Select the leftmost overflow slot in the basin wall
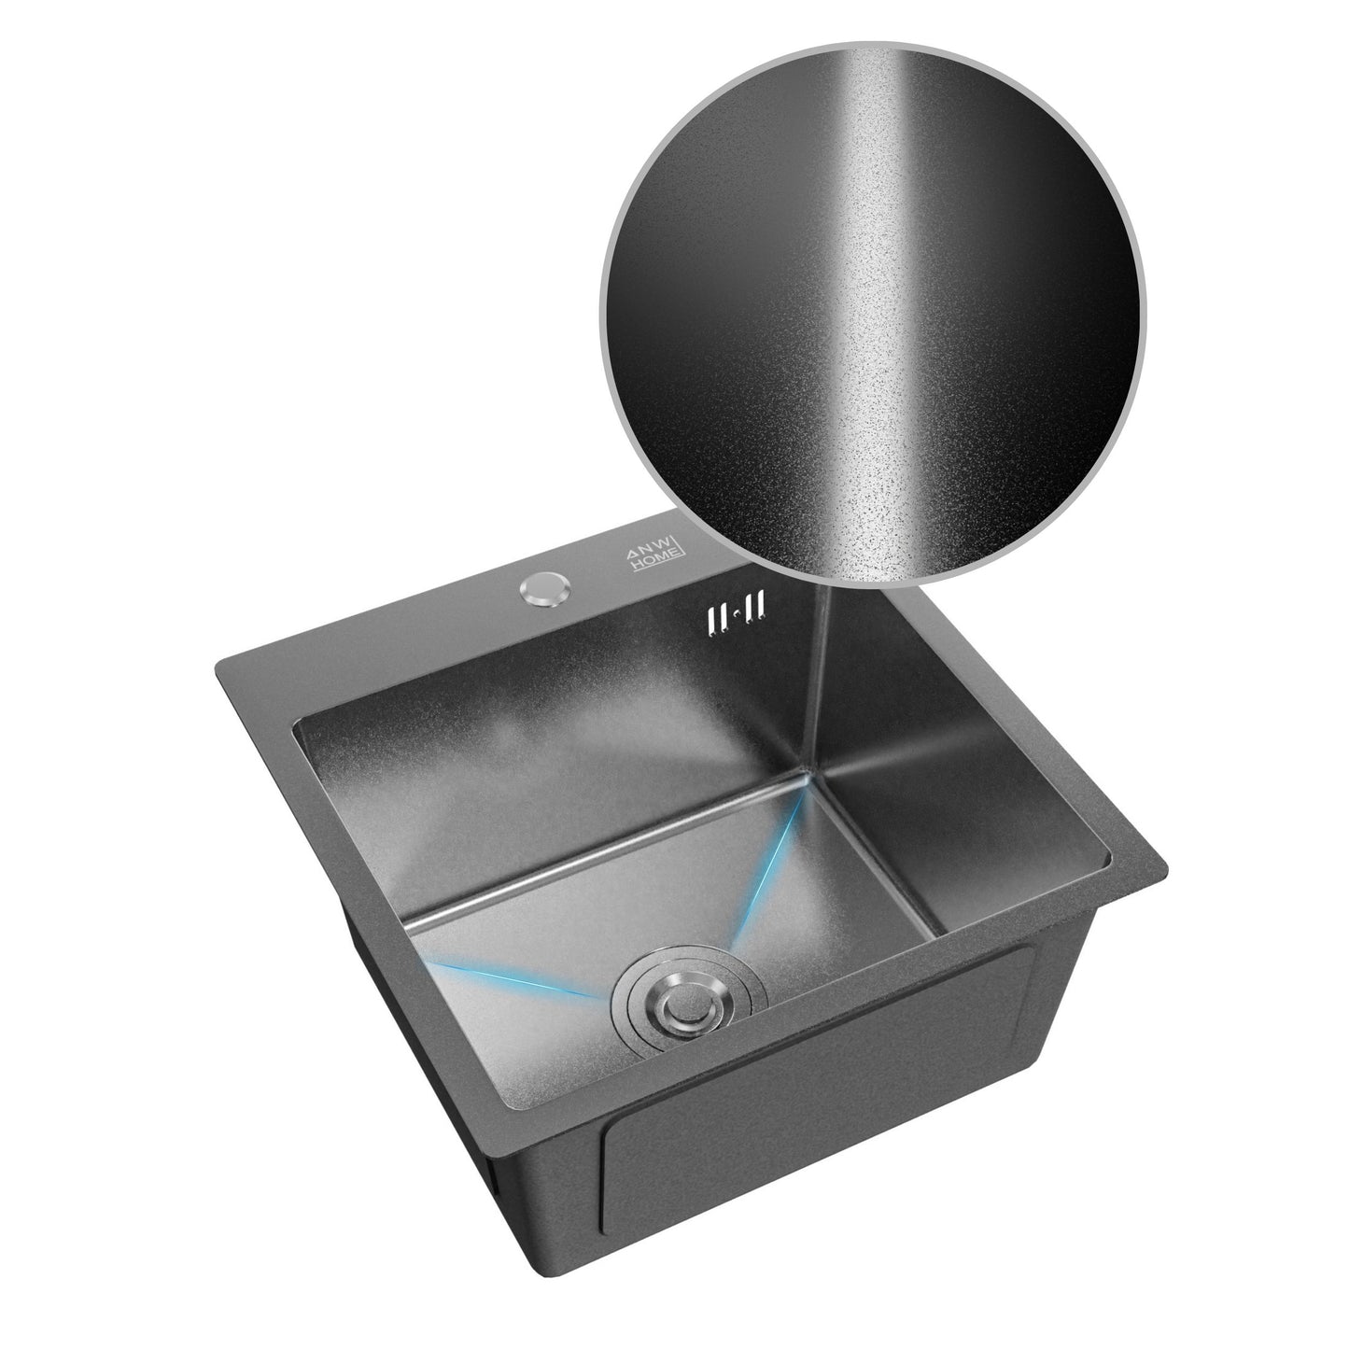(x=711, y=619)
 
